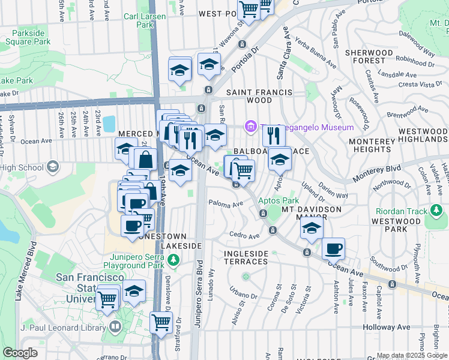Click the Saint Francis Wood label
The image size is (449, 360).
259,96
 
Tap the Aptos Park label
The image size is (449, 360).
279,200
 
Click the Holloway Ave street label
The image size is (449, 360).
386,328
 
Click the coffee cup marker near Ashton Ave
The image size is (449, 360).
333,248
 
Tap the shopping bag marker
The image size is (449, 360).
145,160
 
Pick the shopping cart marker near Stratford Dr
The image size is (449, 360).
161,323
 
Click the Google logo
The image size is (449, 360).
20,353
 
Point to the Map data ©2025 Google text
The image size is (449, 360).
412,355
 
